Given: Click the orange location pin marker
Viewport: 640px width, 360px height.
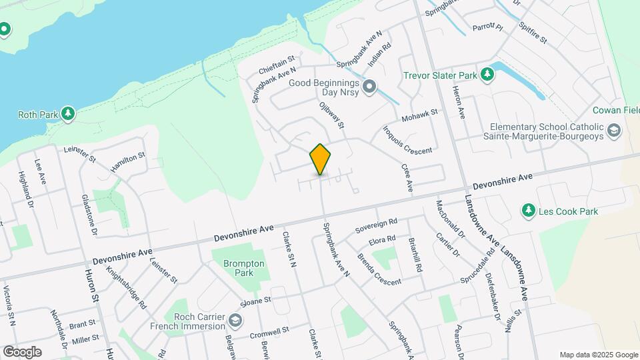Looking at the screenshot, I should (320, 159).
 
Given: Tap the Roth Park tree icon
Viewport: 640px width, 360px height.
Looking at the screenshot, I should (67, 115).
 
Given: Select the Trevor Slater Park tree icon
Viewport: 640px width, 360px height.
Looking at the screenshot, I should (487, 75).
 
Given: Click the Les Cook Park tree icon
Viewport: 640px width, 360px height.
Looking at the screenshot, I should (529, 211).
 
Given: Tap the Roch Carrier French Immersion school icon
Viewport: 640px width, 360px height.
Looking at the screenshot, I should (235, 321).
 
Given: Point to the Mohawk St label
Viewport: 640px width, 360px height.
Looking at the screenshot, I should (420, 116).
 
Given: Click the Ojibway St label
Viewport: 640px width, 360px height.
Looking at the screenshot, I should (331, 114).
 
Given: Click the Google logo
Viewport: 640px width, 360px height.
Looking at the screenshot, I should (22, 351).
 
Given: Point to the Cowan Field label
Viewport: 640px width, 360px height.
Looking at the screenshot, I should (616, 110).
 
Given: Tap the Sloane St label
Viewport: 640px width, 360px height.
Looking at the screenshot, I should (256, 301).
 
